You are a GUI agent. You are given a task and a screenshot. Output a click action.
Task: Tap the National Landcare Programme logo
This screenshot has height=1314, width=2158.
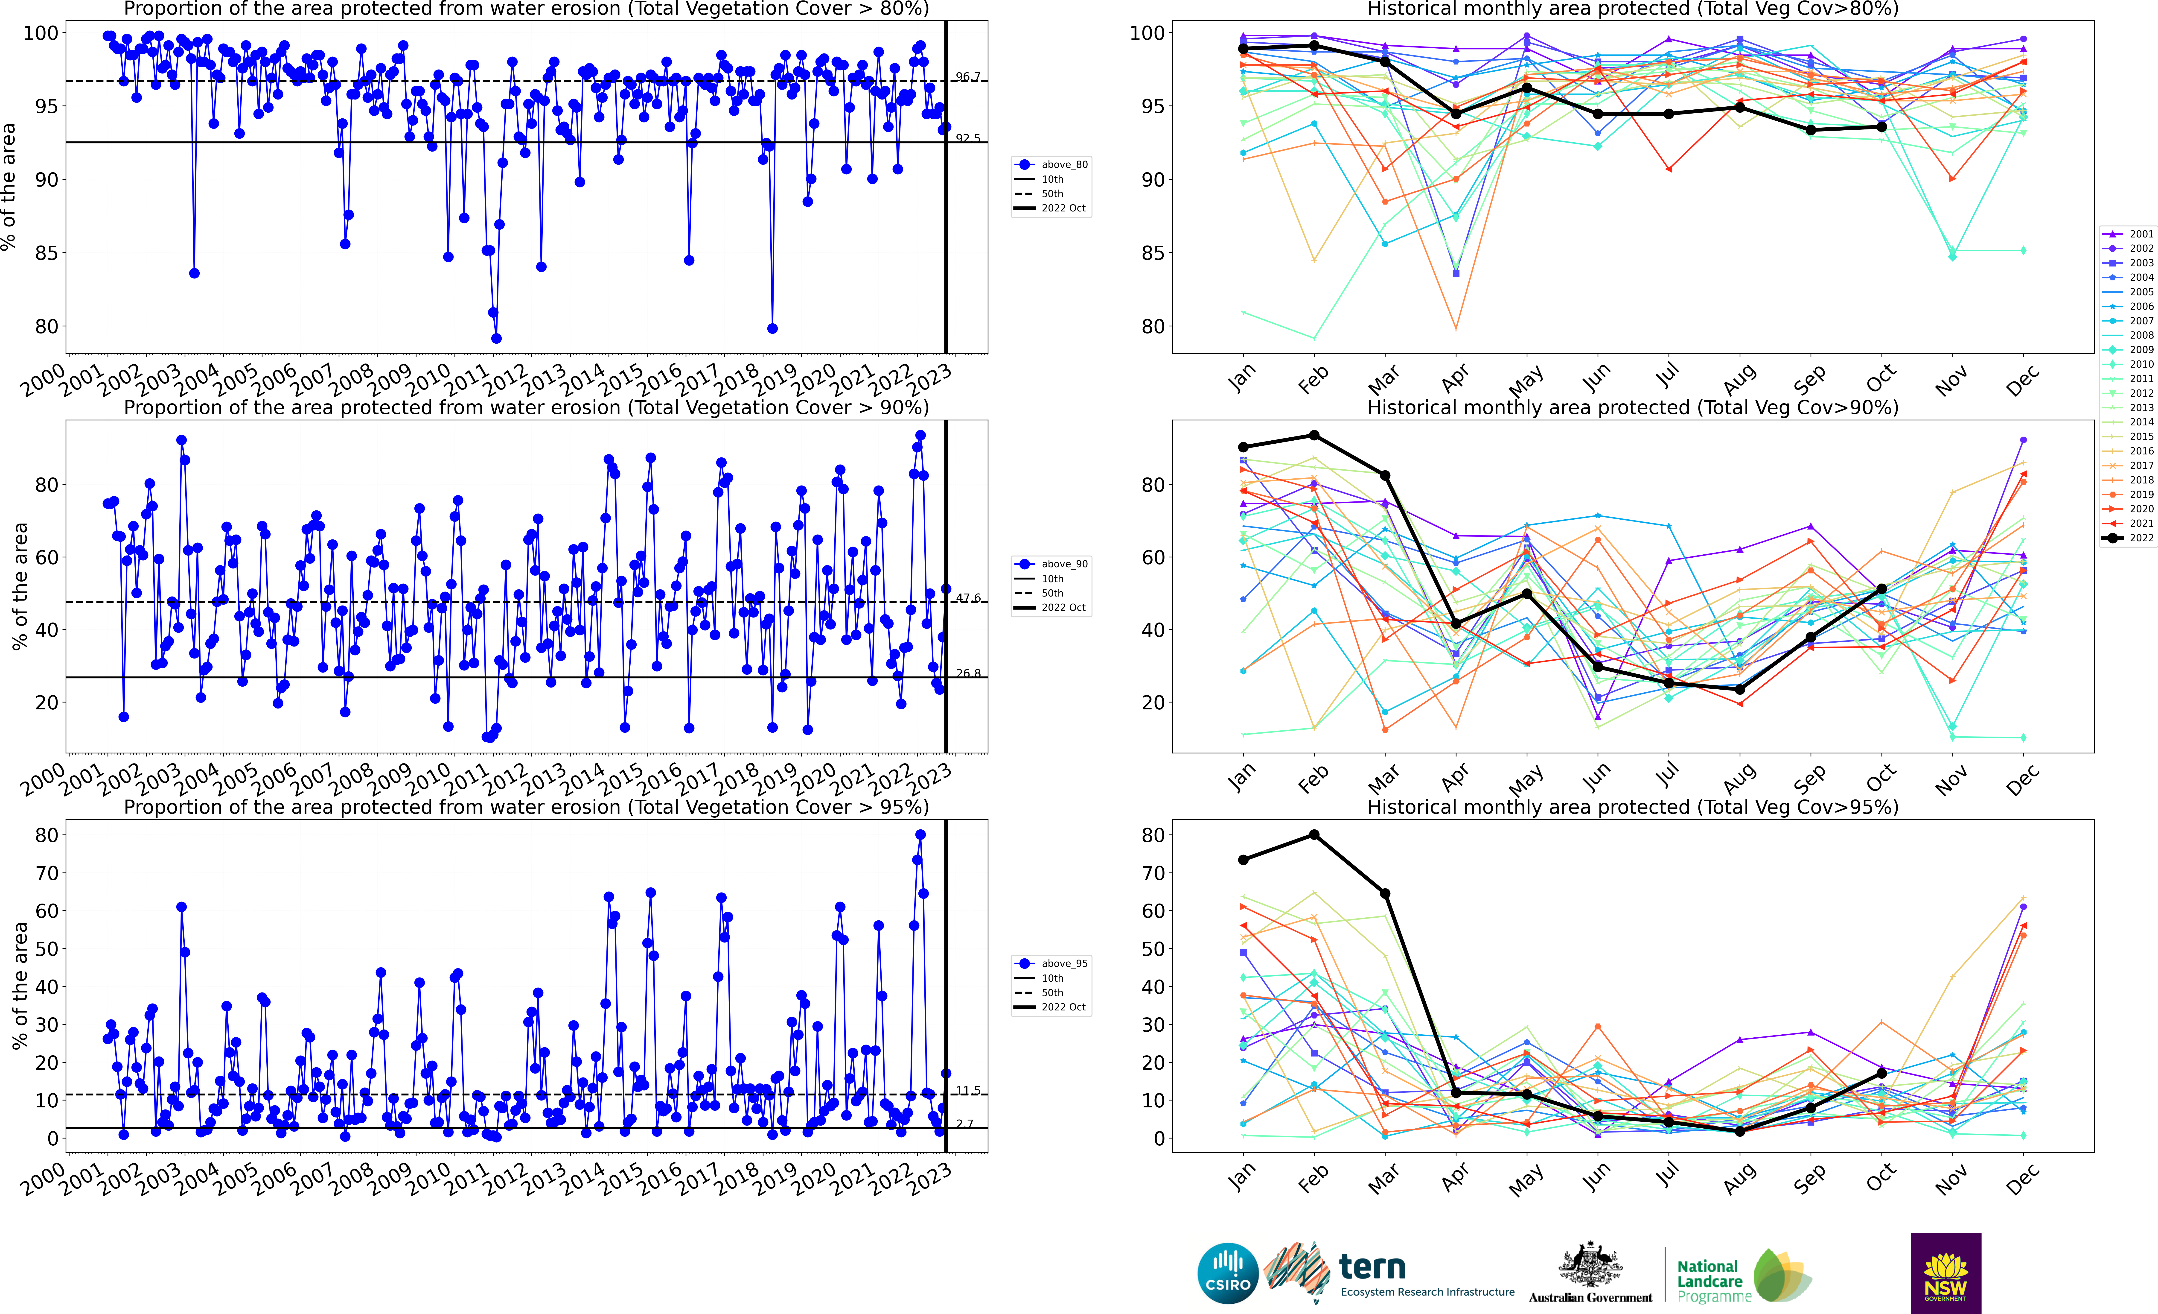pyautogui.click(x=1743, y=1279)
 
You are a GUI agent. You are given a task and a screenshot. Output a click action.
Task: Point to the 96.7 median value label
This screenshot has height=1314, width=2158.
pyautogui.click(x=968, y=77)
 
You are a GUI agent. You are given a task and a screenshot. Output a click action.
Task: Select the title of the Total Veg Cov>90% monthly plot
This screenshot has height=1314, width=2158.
pyautogui.click(x=1633, y=407)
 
